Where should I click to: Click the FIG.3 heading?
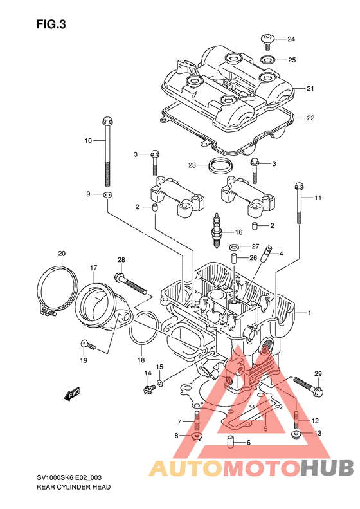pos(51,24)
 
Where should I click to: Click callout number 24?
pos(291,39)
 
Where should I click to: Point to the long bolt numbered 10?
pos(107,151)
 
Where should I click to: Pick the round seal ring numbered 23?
pos(221,165)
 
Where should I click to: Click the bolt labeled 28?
pos(130,284)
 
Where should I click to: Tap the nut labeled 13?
pos(296,434)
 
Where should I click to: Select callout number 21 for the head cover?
pos(310,88)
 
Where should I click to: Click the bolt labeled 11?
pos(299,203)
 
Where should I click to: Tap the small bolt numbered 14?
pos(149,389)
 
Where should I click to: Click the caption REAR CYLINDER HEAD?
pos(74,487)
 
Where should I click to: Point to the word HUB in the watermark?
pos(327,468)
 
